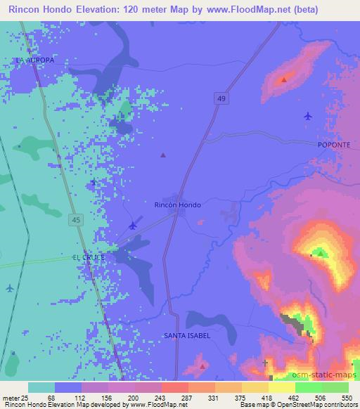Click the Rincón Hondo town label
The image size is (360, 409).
(x=177, y=204)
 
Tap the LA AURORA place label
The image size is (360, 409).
(x=34, y=60)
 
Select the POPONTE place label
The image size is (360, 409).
(x=333, y=143)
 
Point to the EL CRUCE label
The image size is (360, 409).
(x=89, y=258)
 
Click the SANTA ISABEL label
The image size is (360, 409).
(x=187, y=336)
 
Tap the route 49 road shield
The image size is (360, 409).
(x=221, y=99)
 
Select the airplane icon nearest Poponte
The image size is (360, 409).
(x=308, y=116)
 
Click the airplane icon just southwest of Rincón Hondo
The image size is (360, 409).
(x=134, y=225)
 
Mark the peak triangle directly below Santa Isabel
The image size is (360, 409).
(x=202, y=366)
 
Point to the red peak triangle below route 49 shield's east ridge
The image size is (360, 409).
(x=284, y=79)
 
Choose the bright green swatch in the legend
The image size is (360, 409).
(x=308, y=387)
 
